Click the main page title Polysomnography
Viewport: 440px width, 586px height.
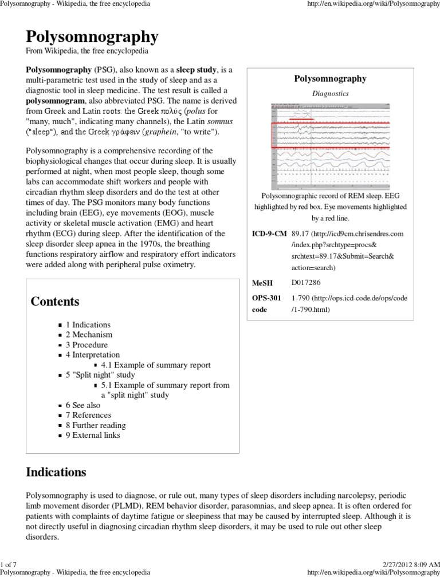click(x=92, y=37)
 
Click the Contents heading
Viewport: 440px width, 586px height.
click(x=55, y=302)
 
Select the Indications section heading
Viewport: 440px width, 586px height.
click(x=56, y=472)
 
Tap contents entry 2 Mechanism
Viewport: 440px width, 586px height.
click(x=89, y=334)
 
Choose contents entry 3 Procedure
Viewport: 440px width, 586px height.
click(x=87, y=345)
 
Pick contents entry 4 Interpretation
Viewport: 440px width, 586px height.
click(x=93, y=355)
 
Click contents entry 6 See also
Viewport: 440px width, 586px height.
click(x=83, y=405)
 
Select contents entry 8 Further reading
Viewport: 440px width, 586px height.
click(x=96, y=425)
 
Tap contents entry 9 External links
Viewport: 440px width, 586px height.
click(x=93, y=435)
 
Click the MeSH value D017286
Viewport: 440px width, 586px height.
click(x=307, y=282)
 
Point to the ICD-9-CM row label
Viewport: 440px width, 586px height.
click(x=270, y=234)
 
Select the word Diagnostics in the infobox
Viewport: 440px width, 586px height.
click(x=330, y=93)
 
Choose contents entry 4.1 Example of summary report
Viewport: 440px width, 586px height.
click(x=156, y=365)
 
